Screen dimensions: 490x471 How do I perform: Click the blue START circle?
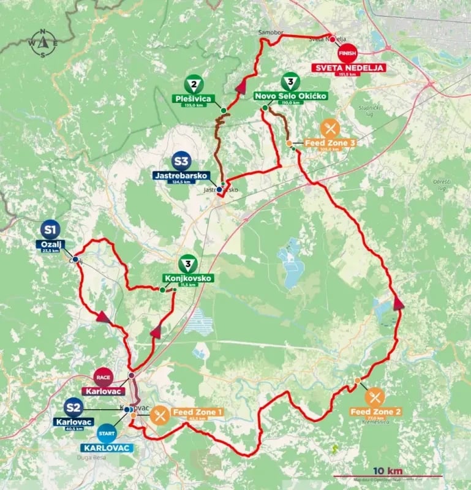[107, 433]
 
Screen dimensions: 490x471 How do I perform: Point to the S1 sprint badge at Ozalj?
[50, 230]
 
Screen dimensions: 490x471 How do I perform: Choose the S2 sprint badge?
[73, 407]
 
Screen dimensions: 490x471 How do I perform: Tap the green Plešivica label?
[193, 98]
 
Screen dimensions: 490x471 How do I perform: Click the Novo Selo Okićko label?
[291, 96]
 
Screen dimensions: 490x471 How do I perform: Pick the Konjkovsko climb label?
[188, 278]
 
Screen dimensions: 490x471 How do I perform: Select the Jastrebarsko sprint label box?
[183, 175]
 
